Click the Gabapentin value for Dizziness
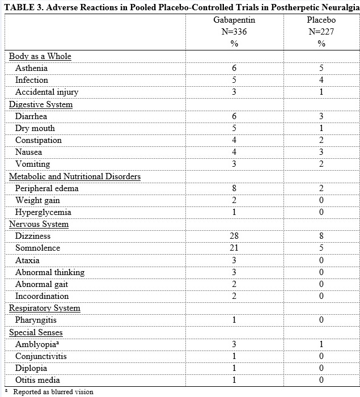tap(234, 236)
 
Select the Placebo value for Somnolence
tap(321, 248)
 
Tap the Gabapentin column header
tap(234, 20)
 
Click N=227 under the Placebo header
tap(321, 32)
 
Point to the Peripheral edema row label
tap(47, 188)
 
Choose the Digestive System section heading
tap(41, 104)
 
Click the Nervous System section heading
tap(39, 224)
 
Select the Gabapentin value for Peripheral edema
tap(234, 188)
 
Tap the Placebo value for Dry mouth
tap(321, 128)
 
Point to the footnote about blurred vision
tap(53, 391)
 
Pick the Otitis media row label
tap(37, 380)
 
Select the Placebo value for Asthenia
tap(321, 68)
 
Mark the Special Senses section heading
tap(36, 332)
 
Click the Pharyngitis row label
tap(36, 320)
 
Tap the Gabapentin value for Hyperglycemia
tap(234, 212)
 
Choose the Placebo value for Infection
tap(321, 80)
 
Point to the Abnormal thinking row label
tap(50, 272)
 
